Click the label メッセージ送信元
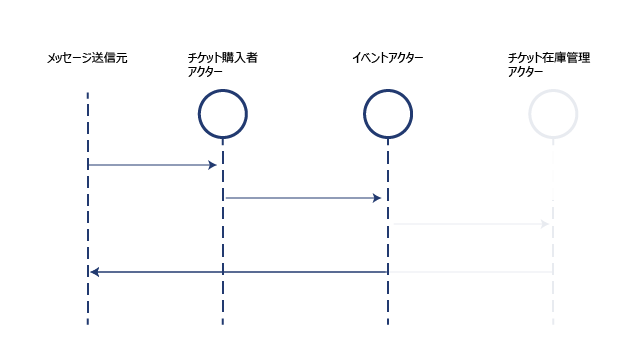pyautogui.click(x=87, y=58)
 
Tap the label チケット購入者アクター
pyautogui.click(x=222, y=64)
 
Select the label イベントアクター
pyautogui.click(x=388, y=58)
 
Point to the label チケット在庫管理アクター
pyautogui.click(x=549, y=64)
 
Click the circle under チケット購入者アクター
pyautogui.click(x=223, y=90)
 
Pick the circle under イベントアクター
pyautogui.click(x=388, y=90)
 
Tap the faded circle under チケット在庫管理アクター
pyautogui.click(x=553, y=90)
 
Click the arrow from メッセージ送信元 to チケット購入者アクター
pyautogui.click(x=152, y=165)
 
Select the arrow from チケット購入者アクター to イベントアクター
pyautogui.click(x=303, y=198)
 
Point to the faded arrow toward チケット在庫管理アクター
pyautogui.click(x=471, y=224)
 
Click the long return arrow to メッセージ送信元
pyautogui.click(x=239, y=272)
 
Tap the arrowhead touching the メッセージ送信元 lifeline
pyautogui.click(x=94, y=272)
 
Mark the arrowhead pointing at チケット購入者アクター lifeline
pyautogui.click(x=212, y=165)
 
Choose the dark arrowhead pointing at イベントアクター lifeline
pyautogui.click(x=377, y=198)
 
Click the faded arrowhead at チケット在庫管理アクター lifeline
pyautogui.click(x=545, y=224)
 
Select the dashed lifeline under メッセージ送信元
pyautogui.click(x=88, y=209)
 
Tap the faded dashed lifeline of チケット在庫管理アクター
pyautogui.click(x=553, y=232)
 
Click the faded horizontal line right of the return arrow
pyautogui.click(x=471, y=272)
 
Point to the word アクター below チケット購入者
pyautogui.click(x=205, y=72)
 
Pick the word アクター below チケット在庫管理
pyautogui.click(x=525, y=72)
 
